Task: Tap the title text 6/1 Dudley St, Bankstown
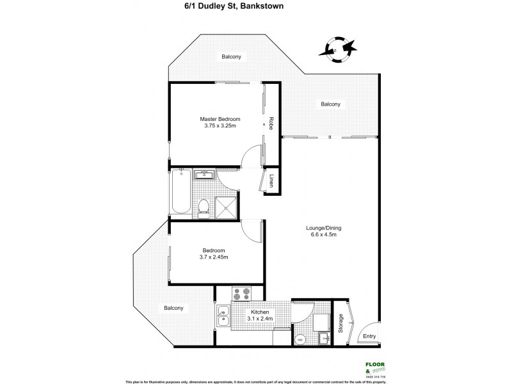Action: [255, 7]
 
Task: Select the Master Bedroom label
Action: [220, 119]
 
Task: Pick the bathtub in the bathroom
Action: [179, 192]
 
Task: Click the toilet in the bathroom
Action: [203, 205]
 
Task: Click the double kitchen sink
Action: [223, 317]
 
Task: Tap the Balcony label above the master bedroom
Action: [231, 57]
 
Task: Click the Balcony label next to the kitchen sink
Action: [173, 308]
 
